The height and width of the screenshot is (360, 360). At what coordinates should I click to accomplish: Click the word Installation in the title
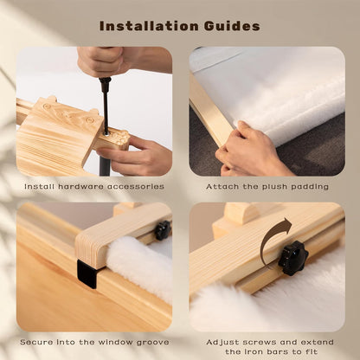(149, 26)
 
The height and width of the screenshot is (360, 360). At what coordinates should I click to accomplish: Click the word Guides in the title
(232, 26)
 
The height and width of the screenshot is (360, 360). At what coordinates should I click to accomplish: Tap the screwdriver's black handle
(105, 80)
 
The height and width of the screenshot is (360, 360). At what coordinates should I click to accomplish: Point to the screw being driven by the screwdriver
(106, 133)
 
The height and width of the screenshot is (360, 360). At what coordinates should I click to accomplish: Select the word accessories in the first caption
(136, 187)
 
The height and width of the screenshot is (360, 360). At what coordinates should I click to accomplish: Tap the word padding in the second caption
(310, 187)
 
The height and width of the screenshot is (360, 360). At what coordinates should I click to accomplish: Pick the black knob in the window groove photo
(163, 230)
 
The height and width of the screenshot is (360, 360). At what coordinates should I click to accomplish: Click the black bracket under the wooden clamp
(87, 273)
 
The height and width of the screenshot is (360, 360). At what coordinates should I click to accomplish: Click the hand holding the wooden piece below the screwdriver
(136, 156)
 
